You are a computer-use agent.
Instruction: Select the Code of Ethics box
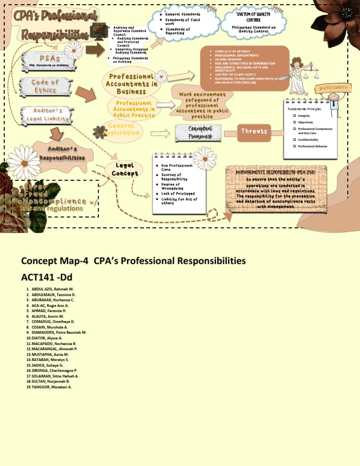point(45,86)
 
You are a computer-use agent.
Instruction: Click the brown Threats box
point(254,131)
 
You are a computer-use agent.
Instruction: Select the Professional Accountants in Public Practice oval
point(133,109)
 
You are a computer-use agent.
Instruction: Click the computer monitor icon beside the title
point(99,30)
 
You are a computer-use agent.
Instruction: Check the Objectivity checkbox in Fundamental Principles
point(294,122)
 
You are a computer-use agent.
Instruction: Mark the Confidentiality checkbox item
point(294,139)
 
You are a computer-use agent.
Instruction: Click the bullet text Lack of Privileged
point(178,193)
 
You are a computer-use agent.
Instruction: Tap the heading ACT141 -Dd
point(48,274)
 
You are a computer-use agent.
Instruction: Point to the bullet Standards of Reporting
point(178,31)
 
